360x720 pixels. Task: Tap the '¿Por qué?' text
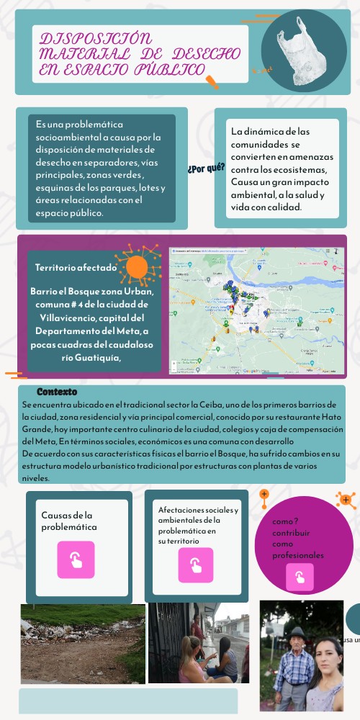click(206, 168)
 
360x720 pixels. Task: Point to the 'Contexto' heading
click(57, 392)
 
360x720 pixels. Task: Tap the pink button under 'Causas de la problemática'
click(76, 559)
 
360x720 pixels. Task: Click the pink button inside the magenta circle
click(300, 577)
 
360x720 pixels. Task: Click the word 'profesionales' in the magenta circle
click(298, 555)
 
